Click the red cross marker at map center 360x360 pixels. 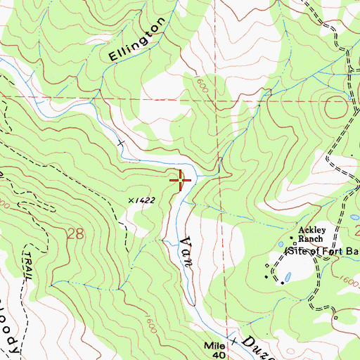pos(181,181)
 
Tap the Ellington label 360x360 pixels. pos(137,40)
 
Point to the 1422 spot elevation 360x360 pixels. pos(143,200)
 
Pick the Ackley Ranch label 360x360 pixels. pos(310,233)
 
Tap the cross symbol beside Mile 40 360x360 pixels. pos(229,336)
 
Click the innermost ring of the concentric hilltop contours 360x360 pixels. pos(336,108)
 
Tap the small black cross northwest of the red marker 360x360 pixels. pos(120,143)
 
